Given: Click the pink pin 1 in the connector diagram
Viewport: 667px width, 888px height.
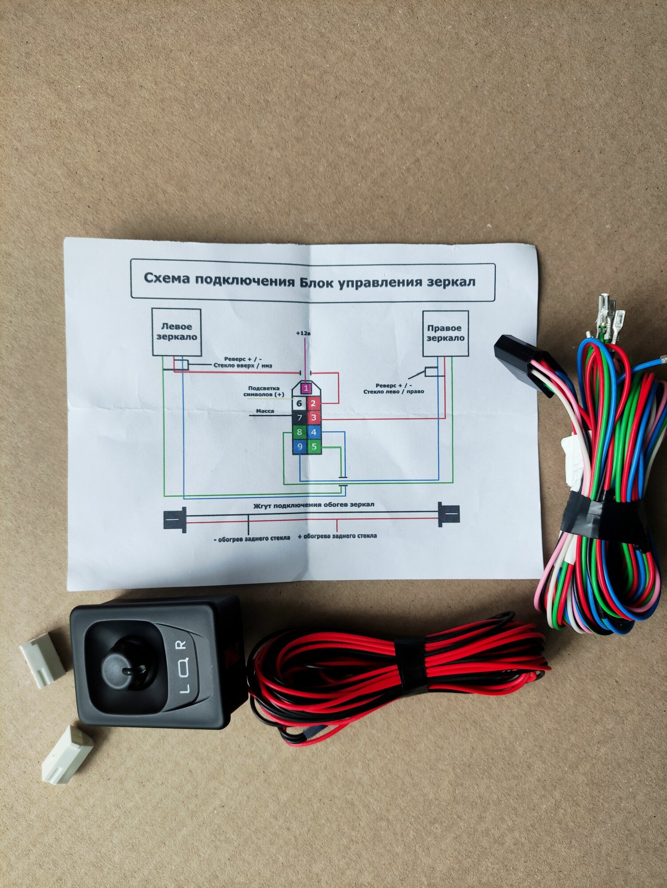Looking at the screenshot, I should coord(306,388).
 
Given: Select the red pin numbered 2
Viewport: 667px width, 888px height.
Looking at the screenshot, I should coord(314,403).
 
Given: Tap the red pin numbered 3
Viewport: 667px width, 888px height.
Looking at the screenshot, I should coord(314,417).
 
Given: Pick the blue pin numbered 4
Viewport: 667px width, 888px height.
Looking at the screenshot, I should coord(314,432).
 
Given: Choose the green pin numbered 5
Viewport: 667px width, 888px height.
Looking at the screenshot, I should coord(314,446).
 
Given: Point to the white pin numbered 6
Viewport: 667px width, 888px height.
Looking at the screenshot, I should coord(299,403).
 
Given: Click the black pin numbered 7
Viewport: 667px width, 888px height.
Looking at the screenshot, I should coord(299,417).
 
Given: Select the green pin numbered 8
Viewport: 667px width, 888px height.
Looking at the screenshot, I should coord(299,432).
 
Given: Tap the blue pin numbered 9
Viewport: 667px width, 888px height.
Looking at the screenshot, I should coord(300,446).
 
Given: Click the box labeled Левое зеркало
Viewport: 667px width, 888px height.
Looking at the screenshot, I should coord(176,332).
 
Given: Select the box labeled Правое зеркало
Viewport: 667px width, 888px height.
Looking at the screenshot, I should coord(445,333).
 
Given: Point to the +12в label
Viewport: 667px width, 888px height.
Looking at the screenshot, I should coord(304,333).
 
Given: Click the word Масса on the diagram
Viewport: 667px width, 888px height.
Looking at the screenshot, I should coord(265,411).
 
